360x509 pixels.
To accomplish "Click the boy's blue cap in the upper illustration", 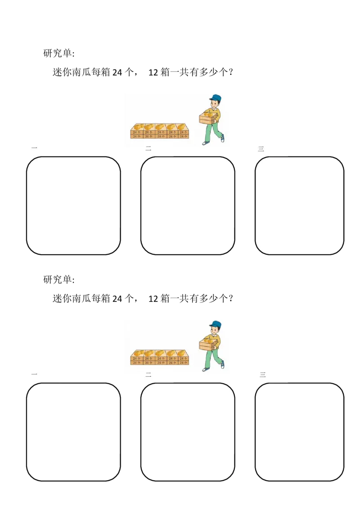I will (216, 98).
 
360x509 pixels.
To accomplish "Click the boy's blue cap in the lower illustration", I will (216, 324).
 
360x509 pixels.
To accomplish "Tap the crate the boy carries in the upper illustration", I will (207, 119).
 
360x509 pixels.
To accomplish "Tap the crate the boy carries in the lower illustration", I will (207, 345).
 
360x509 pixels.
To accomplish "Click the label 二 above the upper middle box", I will (148, 149).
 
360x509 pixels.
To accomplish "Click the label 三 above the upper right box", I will (261, 149).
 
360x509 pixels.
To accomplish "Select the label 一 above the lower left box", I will (34, 374).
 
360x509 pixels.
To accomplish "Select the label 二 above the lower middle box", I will (148, 375).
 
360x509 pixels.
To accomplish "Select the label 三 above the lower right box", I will (263, 375).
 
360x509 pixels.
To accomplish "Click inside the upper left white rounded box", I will (73, 205).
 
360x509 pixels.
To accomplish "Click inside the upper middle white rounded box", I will (188, 205).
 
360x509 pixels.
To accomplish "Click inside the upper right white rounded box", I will (300, 205).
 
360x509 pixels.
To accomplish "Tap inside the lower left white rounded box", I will (73, 432).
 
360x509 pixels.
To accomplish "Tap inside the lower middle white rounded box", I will (188, 432).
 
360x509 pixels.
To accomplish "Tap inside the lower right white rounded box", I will (300, 432).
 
